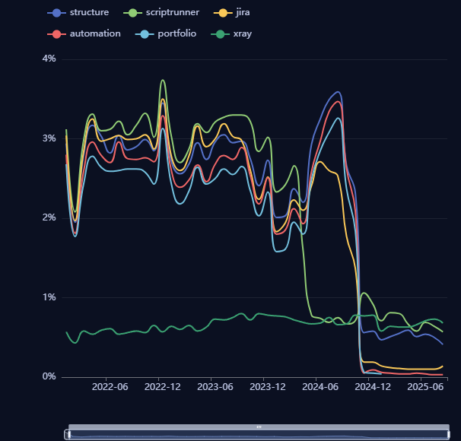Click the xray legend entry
[235, 33]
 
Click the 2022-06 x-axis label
[110, 387]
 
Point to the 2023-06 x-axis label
[215, 387]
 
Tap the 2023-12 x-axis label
[267, 387]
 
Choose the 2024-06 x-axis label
[320, 387]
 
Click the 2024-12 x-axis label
[373, 387]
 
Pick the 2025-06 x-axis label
[425, 387]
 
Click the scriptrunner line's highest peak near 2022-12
[163, 80]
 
